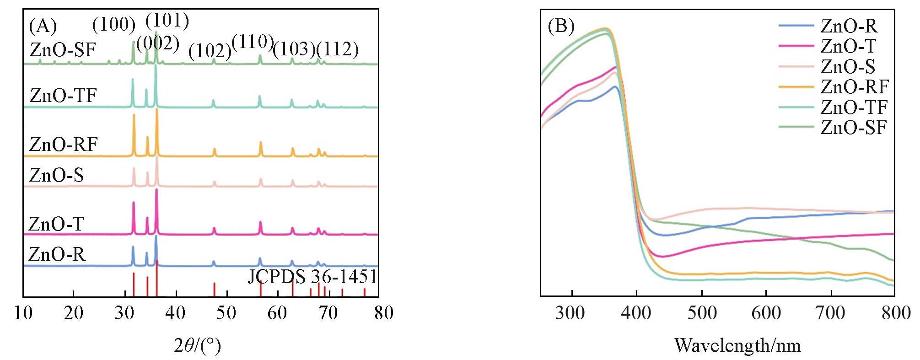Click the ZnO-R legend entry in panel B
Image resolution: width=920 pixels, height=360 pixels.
(849, 26)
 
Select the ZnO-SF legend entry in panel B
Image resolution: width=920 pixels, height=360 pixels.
(853, 127)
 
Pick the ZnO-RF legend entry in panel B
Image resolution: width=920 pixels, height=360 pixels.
(854, 86)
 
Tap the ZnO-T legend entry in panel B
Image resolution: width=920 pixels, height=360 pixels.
(848, 46)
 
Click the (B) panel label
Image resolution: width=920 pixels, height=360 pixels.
(561, 27)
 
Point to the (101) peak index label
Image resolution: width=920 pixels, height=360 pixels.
(167, 21)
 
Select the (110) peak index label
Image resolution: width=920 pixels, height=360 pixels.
(253, 42)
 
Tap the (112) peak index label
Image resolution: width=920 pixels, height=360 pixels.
(338, 49)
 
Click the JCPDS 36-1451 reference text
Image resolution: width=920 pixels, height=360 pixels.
(312, 277)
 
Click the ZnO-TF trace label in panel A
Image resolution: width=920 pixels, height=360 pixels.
(63, 96)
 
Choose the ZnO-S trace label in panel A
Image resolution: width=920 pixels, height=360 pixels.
(56, 175)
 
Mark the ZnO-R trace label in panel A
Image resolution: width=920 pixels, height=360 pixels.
(57, 254)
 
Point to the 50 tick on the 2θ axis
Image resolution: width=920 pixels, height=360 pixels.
(226, 313)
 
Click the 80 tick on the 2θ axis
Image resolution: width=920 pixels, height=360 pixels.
(383, 313)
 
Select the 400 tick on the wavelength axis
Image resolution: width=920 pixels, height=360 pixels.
(636, 313)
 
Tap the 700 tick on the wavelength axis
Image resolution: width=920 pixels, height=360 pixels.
(830, 313)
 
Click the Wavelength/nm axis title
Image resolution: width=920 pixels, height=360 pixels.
(737, 345)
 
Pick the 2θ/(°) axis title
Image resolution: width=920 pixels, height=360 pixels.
(197, 345)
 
